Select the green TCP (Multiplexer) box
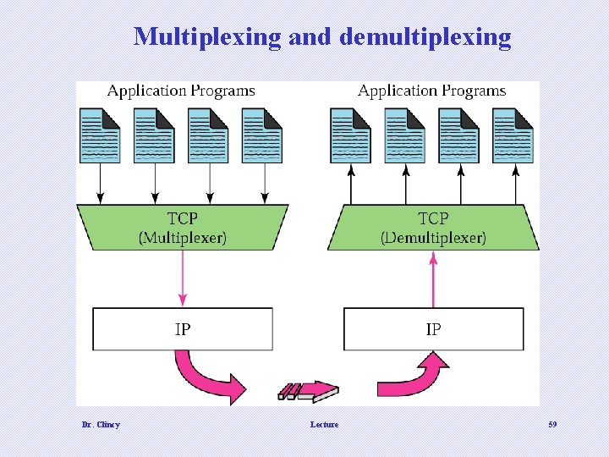182,227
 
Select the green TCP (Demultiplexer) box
433,227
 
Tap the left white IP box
183,329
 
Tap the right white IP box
433,329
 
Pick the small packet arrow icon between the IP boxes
308,392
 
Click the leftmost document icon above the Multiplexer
100,135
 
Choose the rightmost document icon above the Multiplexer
262,135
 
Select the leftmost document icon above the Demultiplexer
351,135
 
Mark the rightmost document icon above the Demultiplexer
513,135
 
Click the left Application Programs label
181,91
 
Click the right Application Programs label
431,91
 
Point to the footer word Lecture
324,424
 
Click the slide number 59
551,424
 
